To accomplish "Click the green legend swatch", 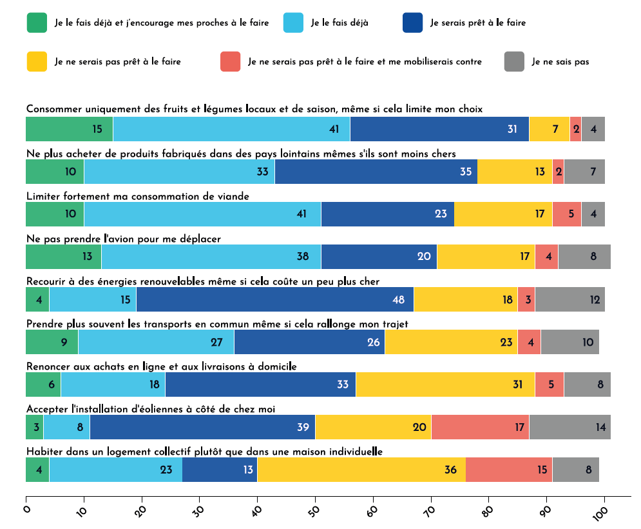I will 37,23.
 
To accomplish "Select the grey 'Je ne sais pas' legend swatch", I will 515,61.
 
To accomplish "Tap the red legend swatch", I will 230,61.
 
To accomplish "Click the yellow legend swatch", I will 37,61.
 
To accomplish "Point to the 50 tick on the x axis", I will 316,498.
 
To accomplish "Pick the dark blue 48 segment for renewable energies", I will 275,299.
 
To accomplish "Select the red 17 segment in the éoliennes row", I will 480,427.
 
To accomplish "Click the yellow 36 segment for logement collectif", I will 361,470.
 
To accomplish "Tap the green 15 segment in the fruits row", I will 69,129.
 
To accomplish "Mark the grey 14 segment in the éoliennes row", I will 569,427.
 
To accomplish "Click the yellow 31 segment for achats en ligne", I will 445,384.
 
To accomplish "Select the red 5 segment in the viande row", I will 566,214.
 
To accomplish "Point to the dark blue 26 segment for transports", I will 309,342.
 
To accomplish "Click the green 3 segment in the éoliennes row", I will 34,427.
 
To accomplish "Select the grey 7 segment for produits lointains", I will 584,172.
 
